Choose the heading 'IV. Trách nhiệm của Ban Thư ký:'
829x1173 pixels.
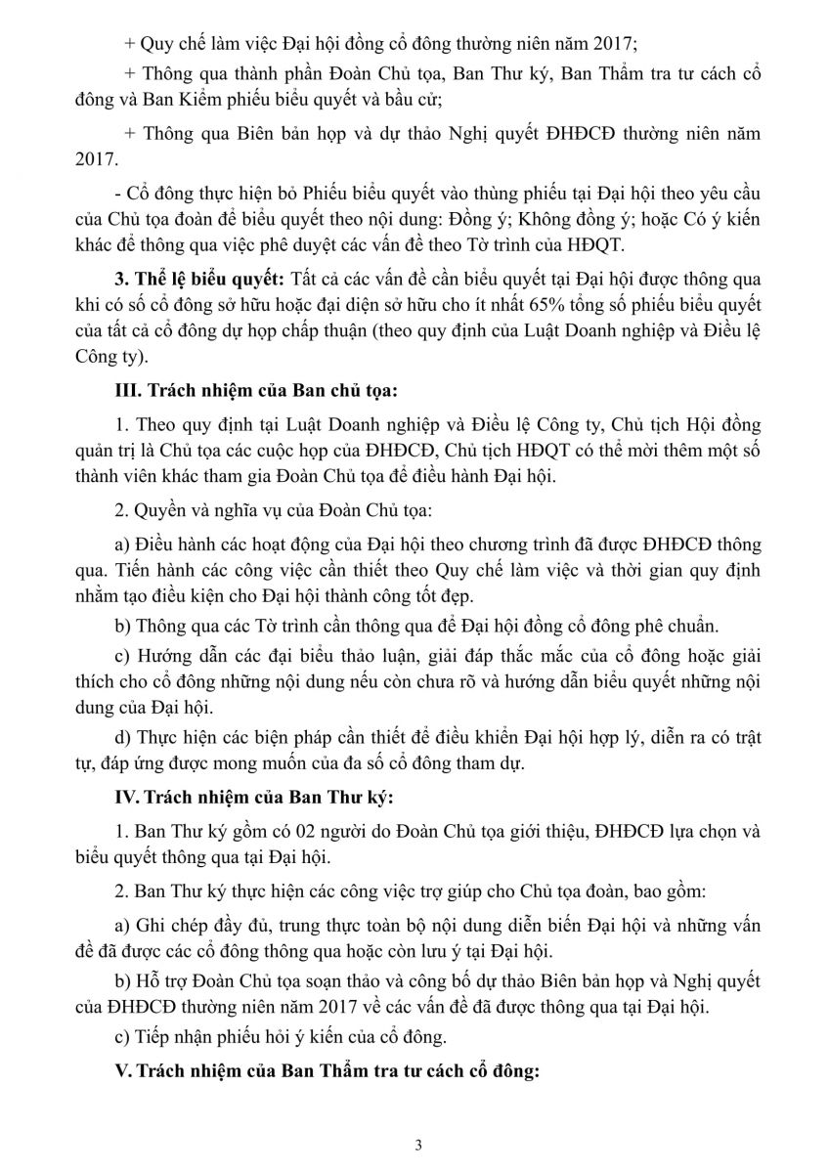point(254,798)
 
